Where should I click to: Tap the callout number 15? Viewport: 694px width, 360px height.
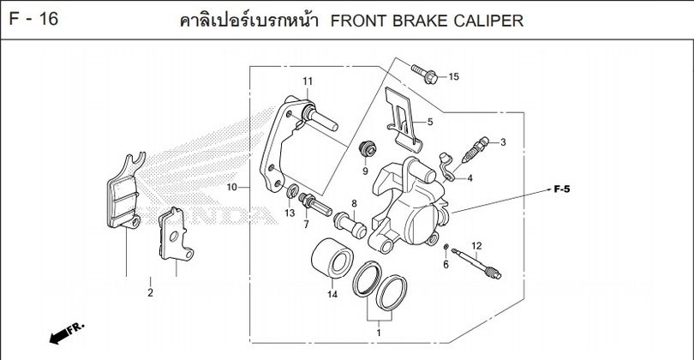click(453, 77)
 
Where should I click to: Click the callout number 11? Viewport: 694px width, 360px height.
click(304, 81)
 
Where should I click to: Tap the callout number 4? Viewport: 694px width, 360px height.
click(470, 178)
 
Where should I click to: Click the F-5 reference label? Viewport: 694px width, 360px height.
click(562, 187)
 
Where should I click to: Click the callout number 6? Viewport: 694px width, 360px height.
click(446, 265)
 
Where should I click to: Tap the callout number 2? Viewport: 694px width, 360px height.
click(150, 293)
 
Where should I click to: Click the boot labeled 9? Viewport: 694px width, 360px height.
click(367, 147)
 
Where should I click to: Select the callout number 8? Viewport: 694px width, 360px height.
click(353, 203)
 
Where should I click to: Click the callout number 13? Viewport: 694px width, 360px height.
click(290, 213)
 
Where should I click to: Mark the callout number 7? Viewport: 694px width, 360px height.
click(305, 225)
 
